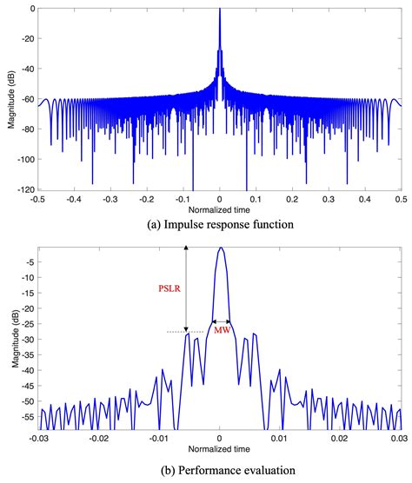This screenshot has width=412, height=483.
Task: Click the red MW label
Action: pos(222,331)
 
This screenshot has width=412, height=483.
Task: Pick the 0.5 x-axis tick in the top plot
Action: pos(401,199)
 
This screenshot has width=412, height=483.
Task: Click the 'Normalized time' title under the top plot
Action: pos(219,209)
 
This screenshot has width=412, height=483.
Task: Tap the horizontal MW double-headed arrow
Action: pos(221,321)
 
